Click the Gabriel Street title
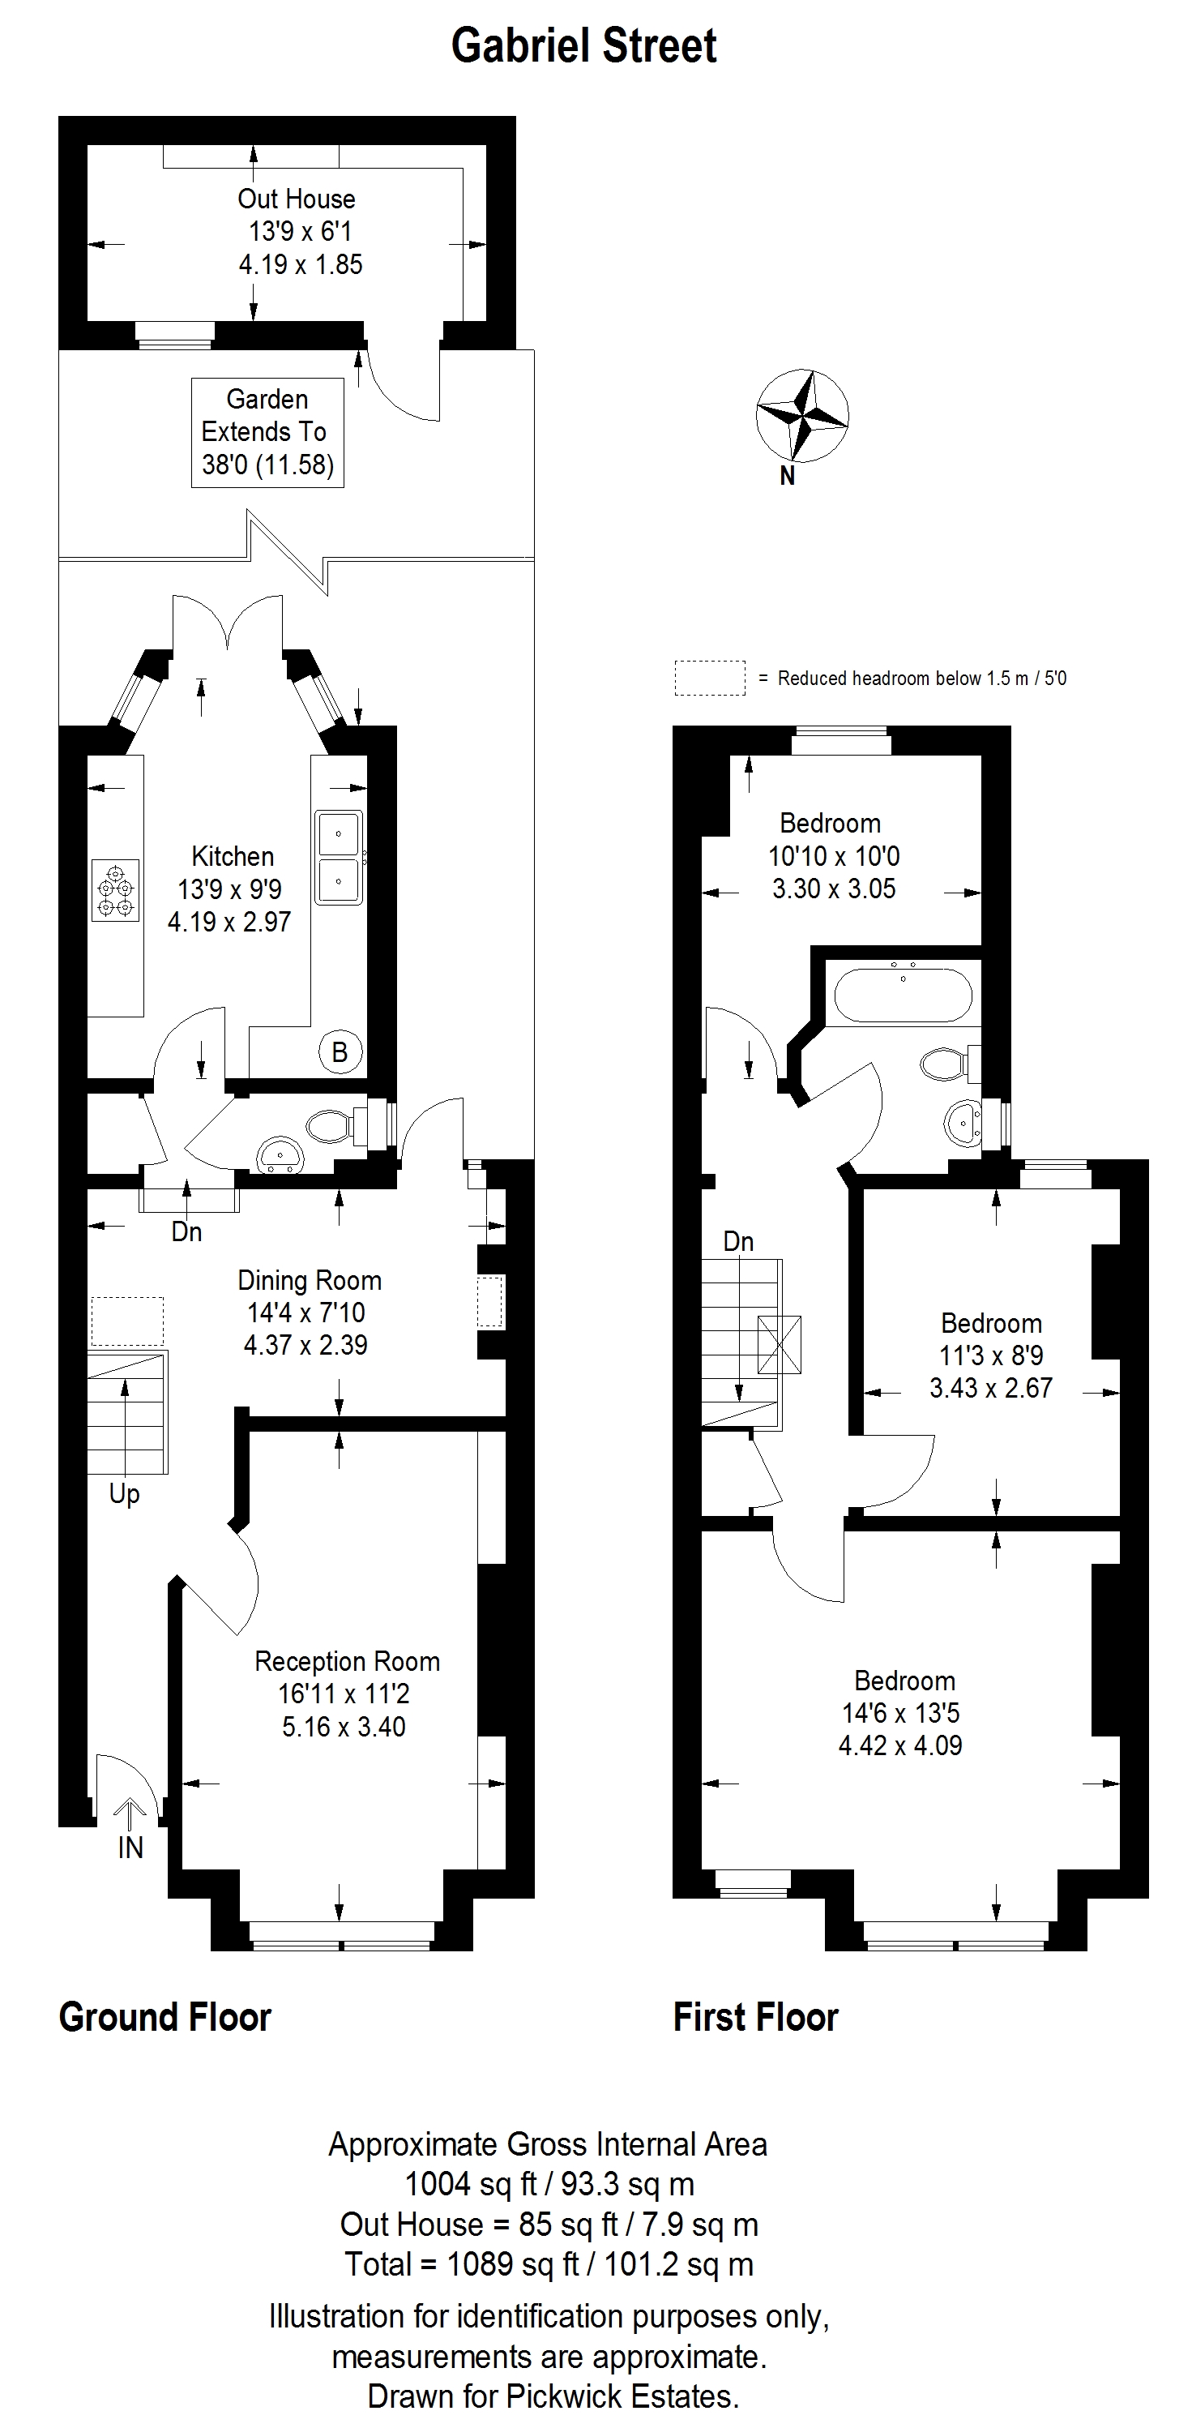(x=584, y=45)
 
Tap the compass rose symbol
(x=802, y=416)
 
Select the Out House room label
(x=297, y=199)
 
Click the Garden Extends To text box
(x=267, y=433)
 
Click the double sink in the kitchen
(x=338, y=857)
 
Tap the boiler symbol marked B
(x=340, y=1052)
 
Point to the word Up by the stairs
(x=124, y=1494)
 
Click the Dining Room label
(x=310, y=1281)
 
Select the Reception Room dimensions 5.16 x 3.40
(x=344, y=1727)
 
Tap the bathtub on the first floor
(x=904, y=991)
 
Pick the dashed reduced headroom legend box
(x=710, y=679)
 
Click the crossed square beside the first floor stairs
(x=780, y=1344)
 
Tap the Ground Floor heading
(x=164, y=2017)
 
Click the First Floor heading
(x=756, y=2017)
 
